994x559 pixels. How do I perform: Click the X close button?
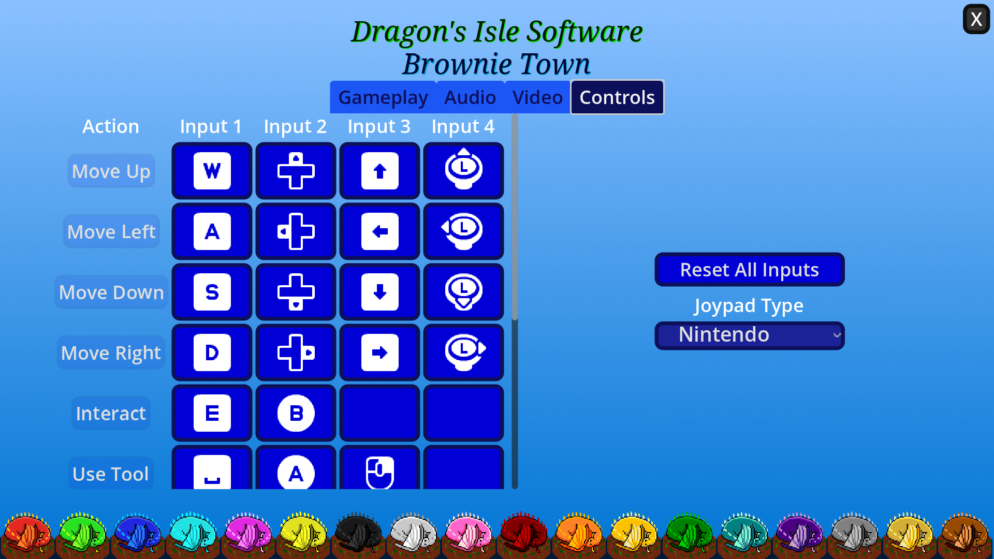pyautogui.click(x=976, y=19)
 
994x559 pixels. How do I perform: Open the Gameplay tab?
pyautogui.click(x=383, y=97)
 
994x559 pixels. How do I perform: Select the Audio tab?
pyautogui.click(x=470, y=97)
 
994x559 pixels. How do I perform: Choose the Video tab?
pyautogui.click(x=537, y=97)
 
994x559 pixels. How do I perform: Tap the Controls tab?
pyautogui.click(x=617, y=97)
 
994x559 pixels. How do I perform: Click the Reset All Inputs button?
pyautogui.click(x=749, y=270)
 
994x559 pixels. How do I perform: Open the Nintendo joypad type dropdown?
pyautogui.click(x=749, y=335)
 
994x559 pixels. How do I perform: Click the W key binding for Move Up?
pyautogui.click(x=212, y=171)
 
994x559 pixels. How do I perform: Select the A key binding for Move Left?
pyautogui.click(x=212, y=231)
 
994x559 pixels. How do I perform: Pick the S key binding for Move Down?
pyautogui.click(x=212, y=292)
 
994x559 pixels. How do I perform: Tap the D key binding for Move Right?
pyautogui.click(x=212, y=352)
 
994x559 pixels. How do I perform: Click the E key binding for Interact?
pyautogui.click(x=212, y=413)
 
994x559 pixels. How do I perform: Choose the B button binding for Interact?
pyautogui.click(x=296, y=413)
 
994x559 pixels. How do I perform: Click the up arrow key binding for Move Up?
pyautogui.click(x=379, y=171)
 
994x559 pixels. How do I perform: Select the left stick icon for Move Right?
pyautogui.click(x=463, y=352)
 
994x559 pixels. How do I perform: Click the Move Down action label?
pyautogui.click(x=111, y=292)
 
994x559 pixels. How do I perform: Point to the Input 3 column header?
pyautogui.click(x=379, y=126)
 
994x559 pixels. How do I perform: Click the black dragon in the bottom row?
pyautogui.click(x=358, y=533)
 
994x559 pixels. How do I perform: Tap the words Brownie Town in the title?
pyautogui.click(x=496, y=64)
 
